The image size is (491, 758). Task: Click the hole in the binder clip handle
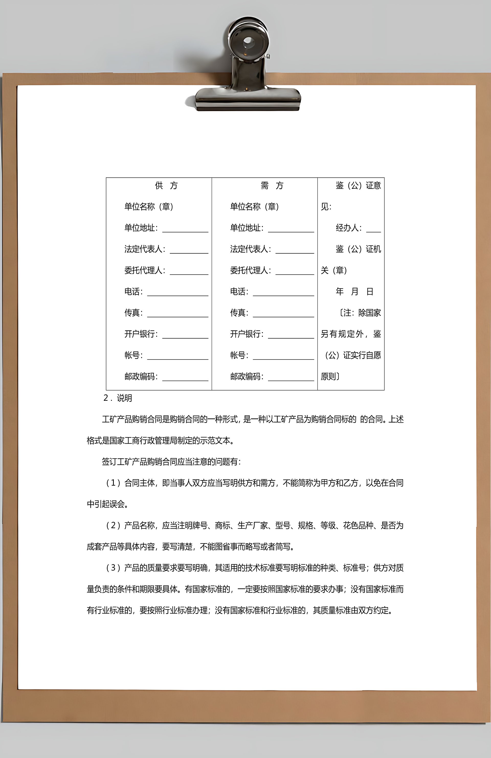(x=248, y=42)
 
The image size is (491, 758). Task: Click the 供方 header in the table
(x=166, y=185)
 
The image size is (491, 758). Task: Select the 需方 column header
(x=272, y=185)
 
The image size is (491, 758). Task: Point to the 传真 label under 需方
(x=239, y=313)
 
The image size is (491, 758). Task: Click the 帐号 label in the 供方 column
(x=133, y=355)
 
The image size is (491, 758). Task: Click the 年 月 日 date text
(x=354, y=291)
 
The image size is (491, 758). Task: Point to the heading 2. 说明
(x=117, y=398)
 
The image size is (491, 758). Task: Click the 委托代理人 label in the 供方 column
(x=144, y=270)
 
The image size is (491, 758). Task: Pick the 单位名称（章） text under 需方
(x=254, y=207)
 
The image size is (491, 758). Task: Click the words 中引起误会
(x=106, y=504)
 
